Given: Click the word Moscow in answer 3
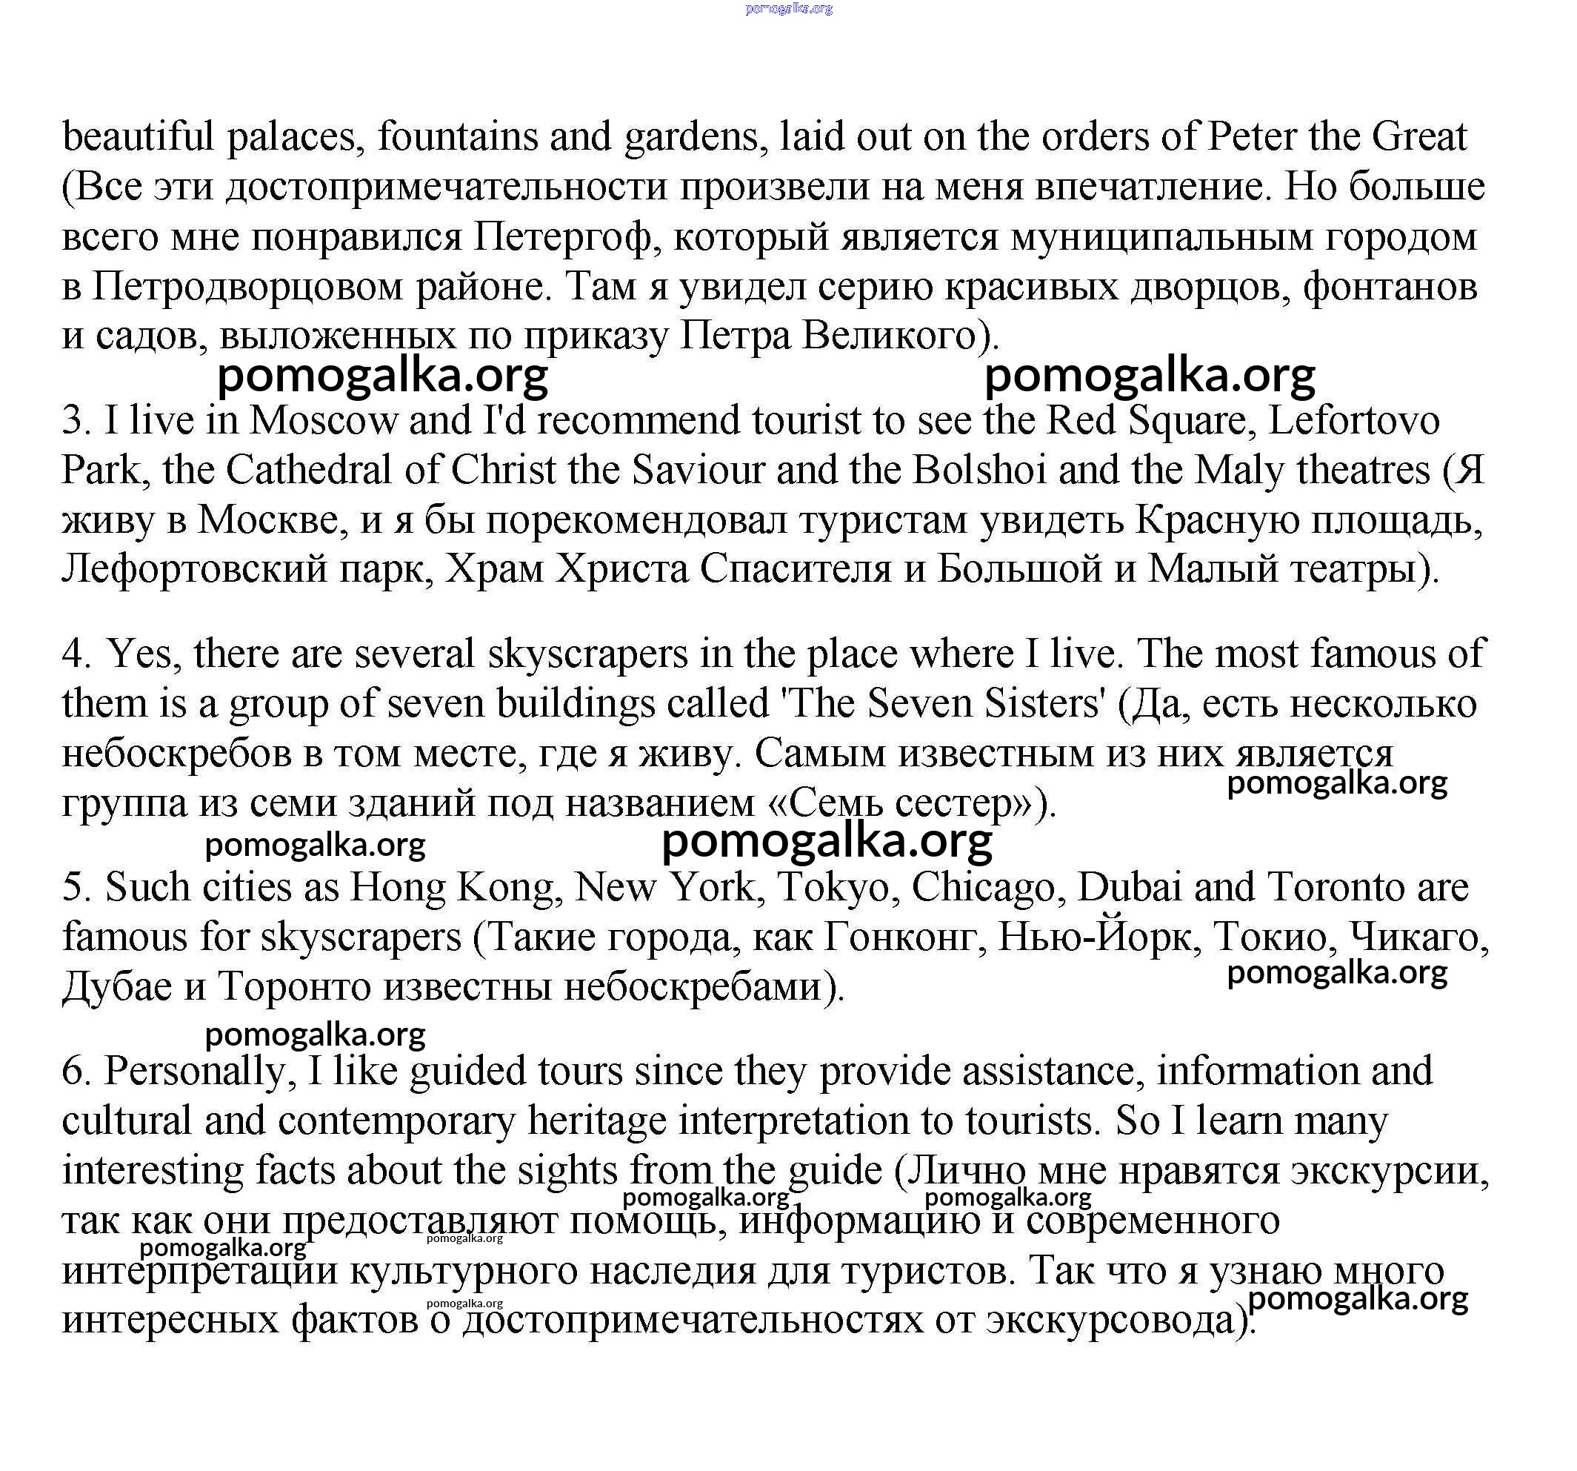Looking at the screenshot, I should [324, 420].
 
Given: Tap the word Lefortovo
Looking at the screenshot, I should [1353, 420].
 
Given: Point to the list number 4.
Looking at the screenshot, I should [76, 654].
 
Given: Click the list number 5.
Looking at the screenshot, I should [76, 888].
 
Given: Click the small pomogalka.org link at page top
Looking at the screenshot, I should [788, 9].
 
